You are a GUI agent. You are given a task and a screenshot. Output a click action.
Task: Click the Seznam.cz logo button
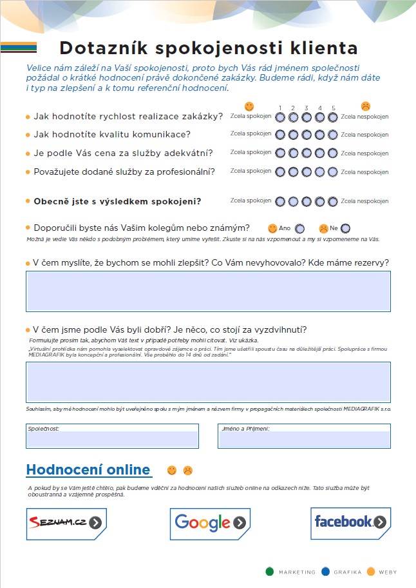tap(66, 522)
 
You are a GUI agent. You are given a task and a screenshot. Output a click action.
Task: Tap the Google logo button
tap(210, 522)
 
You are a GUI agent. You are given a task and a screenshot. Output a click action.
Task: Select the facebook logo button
tap(351, 522)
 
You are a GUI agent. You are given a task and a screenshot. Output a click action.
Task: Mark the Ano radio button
tap(299, 228)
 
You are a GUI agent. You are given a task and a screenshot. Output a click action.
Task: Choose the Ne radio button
tap(346, 228)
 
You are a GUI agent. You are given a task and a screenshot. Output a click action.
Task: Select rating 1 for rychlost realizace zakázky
tap(280, 117)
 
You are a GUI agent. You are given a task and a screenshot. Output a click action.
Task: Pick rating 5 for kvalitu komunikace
tap(333, 135)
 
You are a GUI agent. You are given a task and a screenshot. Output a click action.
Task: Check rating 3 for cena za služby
tap(307, 153)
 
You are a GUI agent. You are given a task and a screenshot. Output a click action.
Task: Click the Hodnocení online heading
tap(88, 470)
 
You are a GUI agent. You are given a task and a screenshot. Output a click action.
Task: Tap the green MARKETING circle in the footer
tap(269, 571)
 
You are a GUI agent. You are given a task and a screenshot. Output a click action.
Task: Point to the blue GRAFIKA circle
tap(325, 571)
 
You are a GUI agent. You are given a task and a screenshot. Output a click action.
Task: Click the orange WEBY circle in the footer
tap(370, 571)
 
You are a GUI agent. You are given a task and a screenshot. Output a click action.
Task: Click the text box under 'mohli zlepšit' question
tap(208, 291)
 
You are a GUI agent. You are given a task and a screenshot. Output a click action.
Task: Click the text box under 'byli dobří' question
tap(208, 382)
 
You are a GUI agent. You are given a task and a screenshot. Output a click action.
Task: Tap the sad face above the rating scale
tap(365, 106)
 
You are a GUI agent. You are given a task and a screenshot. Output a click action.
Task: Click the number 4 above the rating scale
tap(319, 108)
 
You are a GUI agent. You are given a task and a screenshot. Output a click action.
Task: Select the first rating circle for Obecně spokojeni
tap(280, 202)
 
